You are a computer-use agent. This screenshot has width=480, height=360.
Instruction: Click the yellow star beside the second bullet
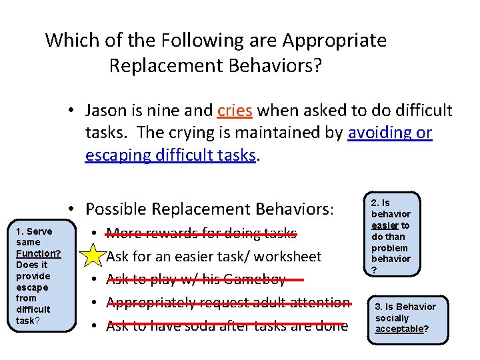coord(97,256)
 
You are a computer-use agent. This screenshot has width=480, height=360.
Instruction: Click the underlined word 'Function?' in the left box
coord(39,253)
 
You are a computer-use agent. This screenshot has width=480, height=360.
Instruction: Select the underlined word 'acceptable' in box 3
coord(399,329)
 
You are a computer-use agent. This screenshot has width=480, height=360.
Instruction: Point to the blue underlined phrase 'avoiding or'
coord(390,133)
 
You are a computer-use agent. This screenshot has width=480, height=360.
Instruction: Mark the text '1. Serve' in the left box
coord(34,231)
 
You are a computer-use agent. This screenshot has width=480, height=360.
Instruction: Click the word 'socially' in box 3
coord(392,318)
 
